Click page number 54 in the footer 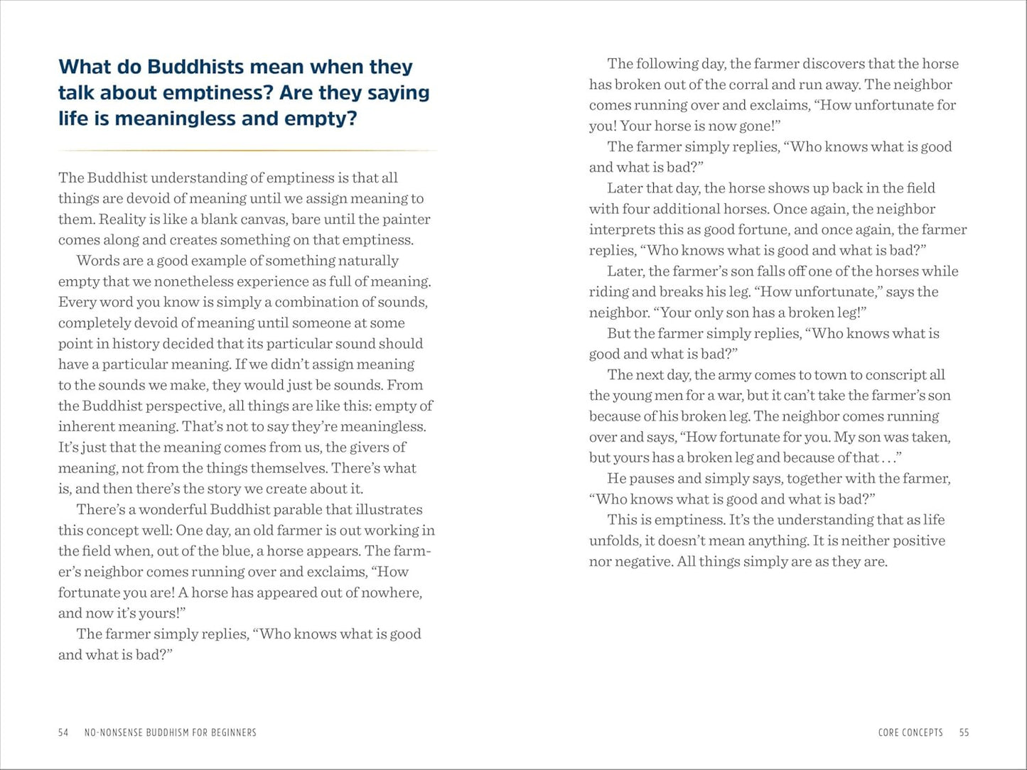click(63, 732)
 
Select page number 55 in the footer click(964, 732)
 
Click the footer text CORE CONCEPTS click(910, 732)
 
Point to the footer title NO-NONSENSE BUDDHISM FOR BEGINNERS click(171, 732)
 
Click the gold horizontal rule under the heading click(247, 151)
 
